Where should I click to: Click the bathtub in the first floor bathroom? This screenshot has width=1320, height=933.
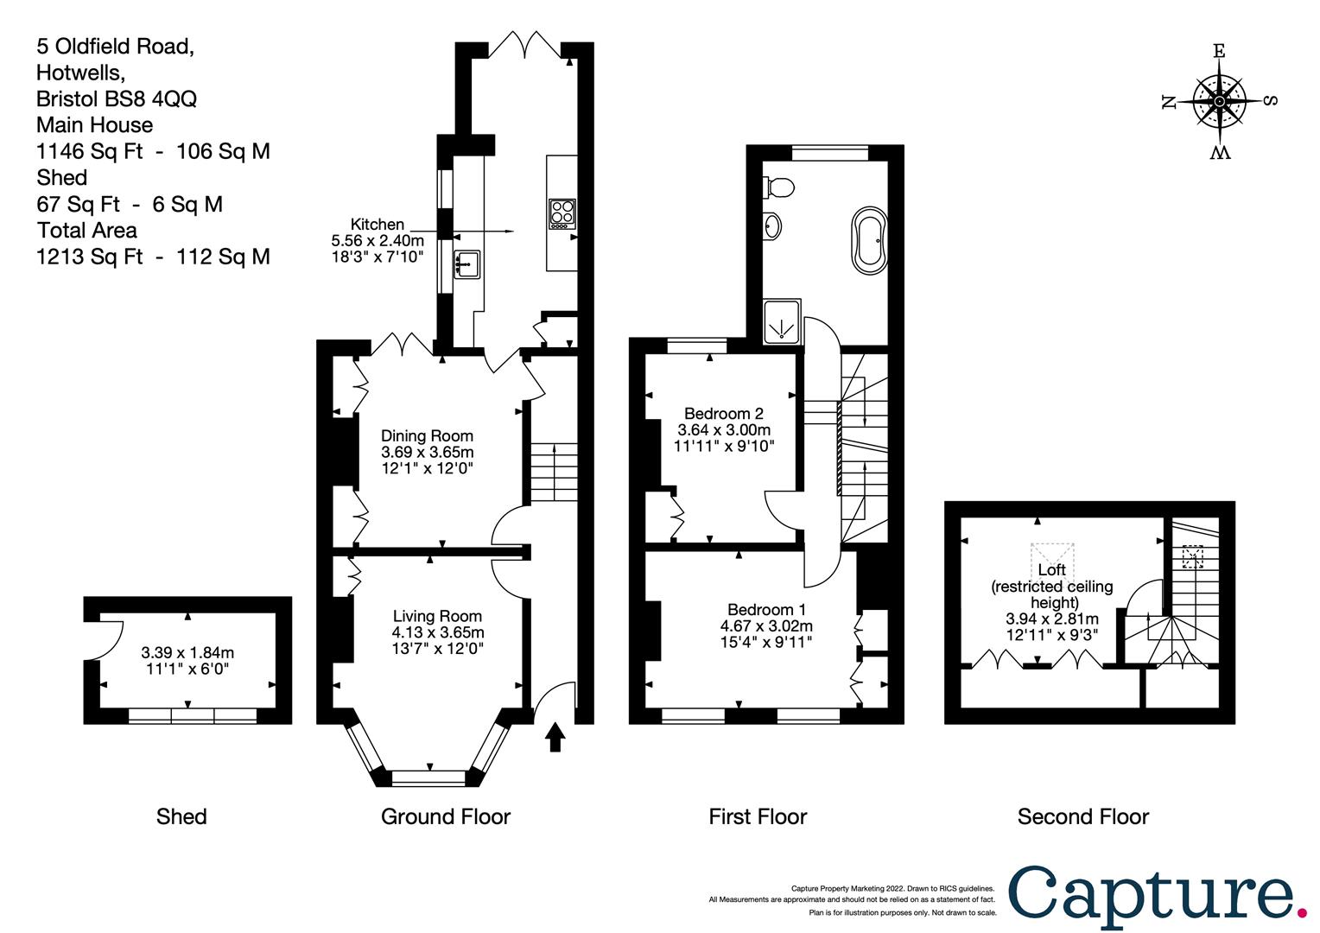pos(869,240)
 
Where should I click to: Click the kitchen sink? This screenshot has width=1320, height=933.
pos(466,264)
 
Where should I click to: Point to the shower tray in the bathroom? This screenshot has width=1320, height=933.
pos(782,322)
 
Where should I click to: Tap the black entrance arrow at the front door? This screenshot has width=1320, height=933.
pos(555,737)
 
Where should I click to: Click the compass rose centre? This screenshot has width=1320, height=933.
pos(1219,101)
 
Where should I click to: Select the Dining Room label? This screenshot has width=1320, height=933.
pos(428,436)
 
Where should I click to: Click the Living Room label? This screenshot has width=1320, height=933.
pos(437,616)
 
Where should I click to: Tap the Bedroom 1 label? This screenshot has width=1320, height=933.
pos(766,609)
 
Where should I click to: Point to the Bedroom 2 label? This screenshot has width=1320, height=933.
pos(724,413)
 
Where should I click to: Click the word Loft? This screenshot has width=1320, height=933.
pos(1052,570)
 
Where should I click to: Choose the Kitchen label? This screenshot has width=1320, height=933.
pos(378,225)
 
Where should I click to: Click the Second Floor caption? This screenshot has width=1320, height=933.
pos(1083,817)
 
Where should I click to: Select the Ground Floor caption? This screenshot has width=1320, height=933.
pos(446,817)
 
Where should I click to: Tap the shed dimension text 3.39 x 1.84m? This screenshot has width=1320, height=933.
pos(187,653)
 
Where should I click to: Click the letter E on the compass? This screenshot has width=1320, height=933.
pos(1219,51)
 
